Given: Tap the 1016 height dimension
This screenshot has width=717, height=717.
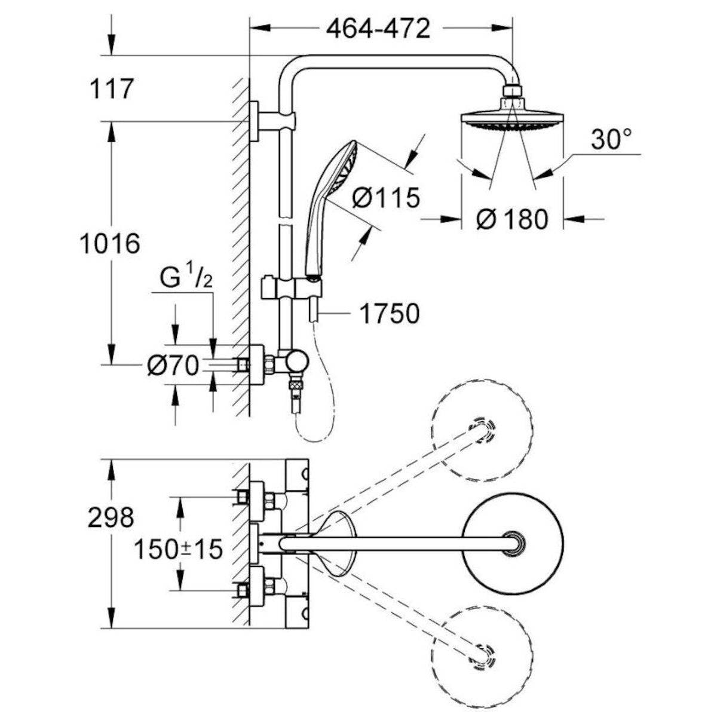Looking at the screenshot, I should pos(110,243).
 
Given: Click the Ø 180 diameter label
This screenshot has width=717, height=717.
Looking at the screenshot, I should pos(512,219).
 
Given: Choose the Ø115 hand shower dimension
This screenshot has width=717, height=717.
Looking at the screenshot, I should pos(386,198).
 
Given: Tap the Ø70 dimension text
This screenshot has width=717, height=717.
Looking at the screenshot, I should pos(172,366).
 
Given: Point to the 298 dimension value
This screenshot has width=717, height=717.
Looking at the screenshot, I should pos(111,517).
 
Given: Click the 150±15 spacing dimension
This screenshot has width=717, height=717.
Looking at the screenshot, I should pos(177,548).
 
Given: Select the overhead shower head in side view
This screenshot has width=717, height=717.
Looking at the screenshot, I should pos(511,119).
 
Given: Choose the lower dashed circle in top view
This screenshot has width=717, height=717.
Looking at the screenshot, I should pos(482,655).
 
